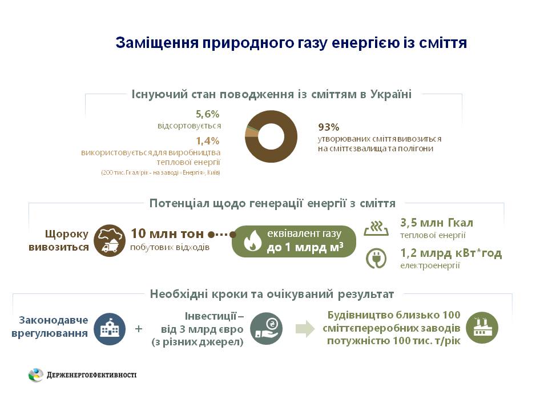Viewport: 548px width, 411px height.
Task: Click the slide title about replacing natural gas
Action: pyautogui.click(x=291, y=43)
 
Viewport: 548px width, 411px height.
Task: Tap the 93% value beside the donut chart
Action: pyautogui.click(x=329, y=127)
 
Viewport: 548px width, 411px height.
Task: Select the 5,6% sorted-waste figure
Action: pyautogui.click(x=207, y=114)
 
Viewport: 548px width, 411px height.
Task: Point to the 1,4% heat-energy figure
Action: pyautogui.click(x=207, y=140)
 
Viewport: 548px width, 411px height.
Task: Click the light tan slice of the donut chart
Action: pyautogui.click(x=249, y=133)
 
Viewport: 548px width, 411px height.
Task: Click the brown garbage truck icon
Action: pyautogui.click(x=110, y=240)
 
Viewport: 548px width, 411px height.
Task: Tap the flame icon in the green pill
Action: pyautogui.click(x=251, y=241)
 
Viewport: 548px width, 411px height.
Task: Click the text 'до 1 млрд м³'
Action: pyautogui.click(x=305, y=248)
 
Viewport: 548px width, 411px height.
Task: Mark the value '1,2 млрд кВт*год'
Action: pyautogui.click(x=451, y=253)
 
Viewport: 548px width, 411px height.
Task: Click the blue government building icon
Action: pyautogui.click(x=110, y=329)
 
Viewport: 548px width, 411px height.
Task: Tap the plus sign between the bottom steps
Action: pyautogui.click(x=138, y=329)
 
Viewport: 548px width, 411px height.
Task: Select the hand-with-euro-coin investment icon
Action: pyautogui.click(x=266, y=328)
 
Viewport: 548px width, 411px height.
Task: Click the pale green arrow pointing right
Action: pyautogui.click(x=305, y=328)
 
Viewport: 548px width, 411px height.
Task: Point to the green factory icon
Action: pyautogui.click(x=482, y=328)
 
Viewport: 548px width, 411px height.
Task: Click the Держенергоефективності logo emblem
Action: pyautogui.click(x=36, y=375)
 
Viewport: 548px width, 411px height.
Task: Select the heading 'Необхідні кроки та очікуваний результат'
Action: pyautogui.click(x=272, y=294)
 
